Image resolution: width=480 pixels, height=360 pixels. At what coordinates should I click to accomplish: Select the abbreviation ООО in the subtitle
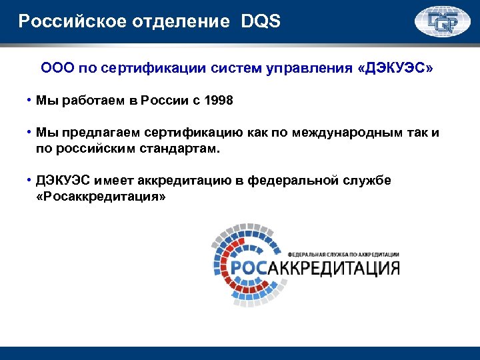56,69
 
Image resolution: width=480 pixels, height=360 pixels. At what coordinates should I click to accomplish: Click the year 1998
219,101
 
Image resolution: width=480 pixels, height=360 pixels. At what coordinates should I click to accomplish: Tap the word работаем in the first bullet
93,101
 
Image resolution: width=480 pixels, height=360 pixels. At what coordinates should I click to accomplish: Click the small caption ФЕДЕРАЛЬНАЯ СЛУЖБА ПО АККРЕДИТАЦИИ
343,255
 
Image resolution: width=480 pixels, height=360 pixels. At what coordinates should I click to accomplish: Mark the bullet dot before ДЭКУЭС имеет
30,181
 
